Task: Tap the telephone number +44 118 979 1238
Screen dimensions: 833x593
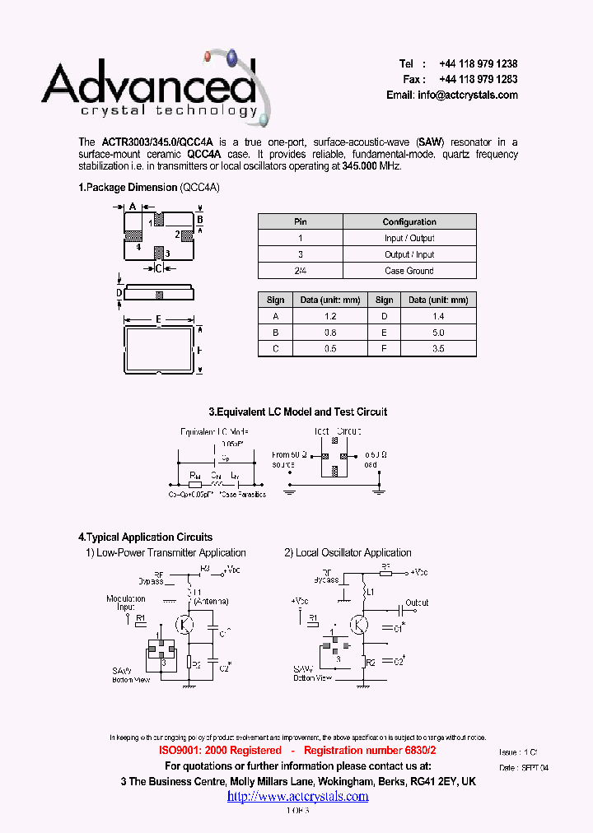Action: point(478,64)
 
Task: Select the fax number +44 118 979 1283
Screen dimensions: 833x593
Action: point(478,80)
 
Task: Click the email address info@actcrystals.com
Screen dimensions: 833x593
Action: point(467,95)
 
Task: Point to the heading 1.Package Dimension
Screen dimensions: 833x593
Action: point(128,188)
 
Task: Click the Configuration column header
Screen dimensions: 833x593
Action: point(409,222)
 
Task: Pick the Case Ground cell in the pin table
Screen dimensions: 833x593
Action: point(409,271)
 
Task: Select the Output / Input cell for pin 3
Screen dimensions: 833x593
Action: point(409,254)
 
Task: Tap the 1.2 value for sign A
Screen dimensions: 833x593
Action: point(330,316)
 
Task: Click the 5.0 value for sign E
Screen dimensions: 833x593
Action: point(438,333)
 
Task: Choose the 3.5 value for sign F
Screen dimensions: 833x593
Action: point(438,348)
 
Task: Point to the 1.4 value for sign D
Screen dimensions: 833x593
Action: point(438,316)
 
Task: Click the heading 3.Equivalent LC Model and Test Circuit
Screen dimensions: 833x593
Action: point(297,412)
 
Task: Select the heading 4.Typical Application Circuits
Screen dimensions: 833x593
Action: point(145,537)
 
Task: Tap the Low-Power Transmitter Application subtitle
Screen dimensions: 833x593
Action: point(171,553)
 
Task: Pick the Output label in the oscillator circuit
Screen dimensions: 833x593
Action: point(417,603)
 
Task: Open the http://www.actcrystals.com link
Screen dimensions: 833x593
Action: point(297,796)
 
